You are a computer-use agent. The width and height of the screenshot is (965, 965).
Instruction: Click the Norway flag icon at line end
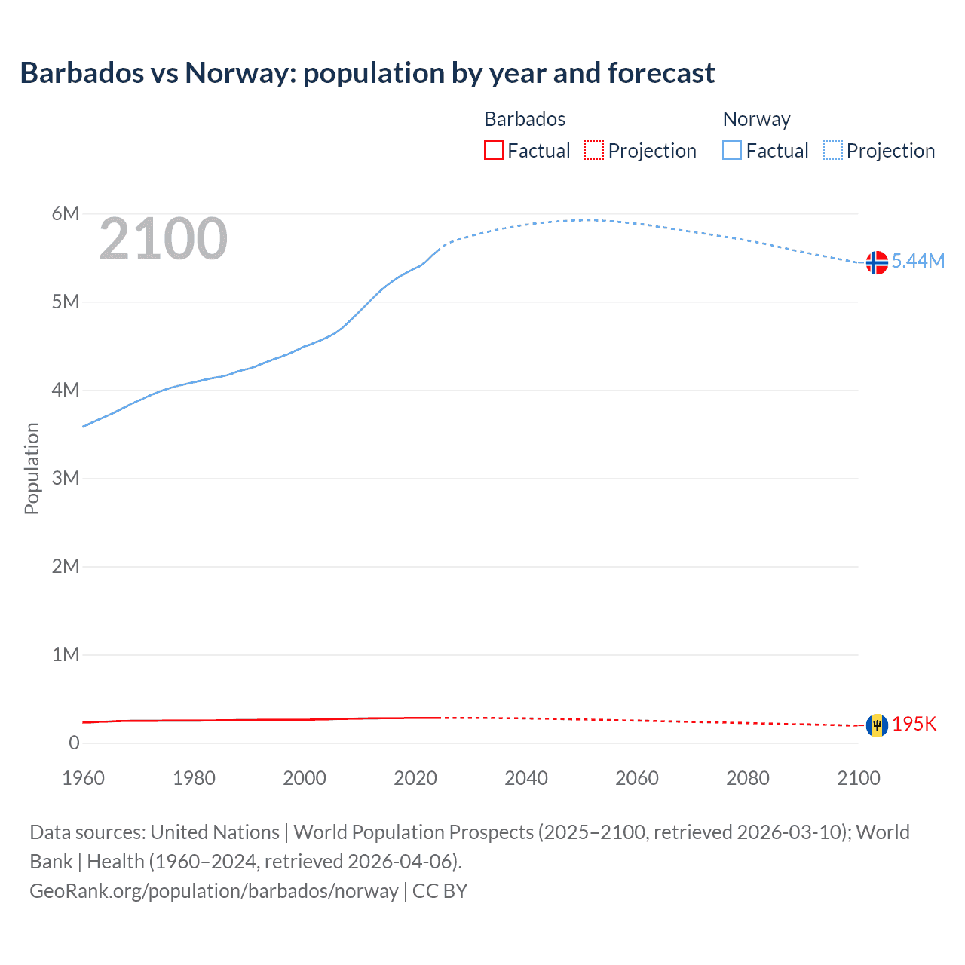click(877, 262)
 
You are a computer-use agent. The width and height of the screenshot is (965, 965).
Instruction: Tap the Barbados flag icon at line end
click(877, 725)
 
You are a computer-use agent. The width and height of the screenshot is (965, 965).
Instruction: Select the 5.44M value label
click(918, 261)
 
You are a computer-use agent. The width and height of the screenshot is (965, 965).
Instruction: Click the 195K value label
click(914, 725)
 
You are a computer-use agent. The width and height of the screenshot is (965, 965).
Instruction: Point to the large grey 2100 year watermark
click(163, 239)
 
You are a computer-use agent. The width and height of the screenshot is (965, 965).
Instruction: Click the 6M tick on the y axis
click(66, 213)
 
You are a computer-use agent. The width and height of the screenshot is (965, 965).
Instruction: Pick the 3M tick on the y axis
click(66, 478)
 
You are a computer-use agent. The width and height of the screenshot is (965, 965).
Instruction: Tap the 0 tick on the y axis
click(74, 743)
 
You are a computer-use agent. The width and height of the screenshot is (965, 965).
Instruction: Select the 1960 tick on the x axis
click(83, 778)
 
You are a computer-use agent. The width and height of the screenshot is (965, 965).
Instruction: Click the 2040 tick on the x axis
click(526, 778)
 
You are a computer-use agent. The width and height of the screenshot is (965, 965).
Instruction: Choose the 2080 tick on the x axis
click(748, 778)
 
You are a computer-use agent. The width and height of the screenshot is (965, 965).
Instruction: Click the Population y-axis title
click(32, 468)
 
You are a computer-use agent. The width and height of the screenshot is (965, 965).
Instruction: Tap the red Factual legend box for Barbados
click(494, 150)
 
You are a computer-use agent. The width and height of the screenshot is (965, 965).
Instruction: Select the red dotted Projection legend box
click(594, 150)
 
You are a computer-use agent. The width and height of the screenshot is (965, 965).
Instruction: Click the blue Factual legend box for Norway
click(732, 150)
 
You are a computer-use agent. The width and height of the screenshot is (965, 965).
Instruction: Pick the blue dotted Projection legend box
click(833, 150)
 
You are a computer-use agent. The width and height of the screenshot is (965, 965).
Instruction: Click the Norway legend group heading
click(756, 119)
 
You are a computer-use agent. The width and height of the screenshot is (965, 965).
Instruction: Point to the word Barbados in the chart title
click(81, 73)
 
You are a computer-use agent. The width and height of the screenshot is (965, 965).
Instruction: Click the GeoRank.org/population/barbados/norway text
click(214, 891)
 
